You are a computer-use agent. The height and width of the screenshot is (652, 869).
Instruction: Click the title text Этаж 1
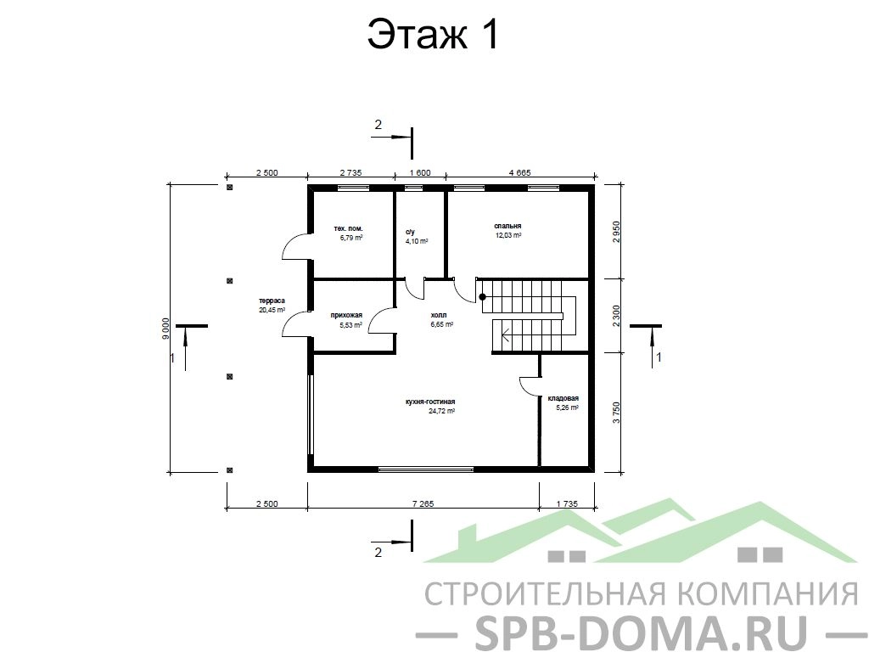434,35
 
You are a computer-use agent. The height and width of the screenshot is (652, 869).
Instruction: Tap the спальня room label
507,226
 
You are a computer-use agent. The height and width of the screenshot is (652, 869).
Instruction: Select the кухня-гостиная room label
430,402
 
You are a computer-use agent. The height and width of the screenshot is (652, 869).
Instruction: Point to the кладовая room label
563,398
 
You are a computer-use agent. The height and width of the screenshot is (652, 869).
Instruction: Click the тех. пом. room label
349,228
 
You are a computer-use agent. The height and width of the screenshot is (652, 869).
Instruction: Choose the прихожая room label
346,316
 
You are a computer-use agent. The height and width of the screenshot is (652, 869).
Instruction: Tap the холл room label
439,316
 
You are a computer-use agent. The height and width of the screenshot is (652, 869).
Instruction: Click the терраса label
272,301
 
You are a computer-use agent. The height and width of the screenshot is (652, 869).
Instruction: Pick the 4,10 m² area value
417,241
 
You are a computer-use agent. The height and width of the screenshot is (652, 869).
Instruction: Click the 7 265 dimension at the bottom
423,503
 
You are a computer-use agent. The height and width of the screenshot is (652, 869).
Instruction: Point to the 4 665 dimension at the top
520,172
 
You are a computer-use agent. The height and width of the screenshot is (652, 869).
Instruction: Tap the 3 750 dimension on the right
616,413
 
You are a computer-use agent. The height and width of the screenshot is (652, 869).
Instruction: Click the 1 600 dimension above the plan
419,172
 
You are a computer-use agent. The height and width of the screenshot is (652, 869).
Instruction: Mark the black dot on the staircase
482,297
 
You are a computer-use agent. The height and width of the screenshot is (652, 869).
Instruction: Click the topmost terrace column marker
229,188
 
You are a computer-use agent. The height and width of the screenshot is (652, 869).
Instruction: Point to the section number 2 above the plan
378,125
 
